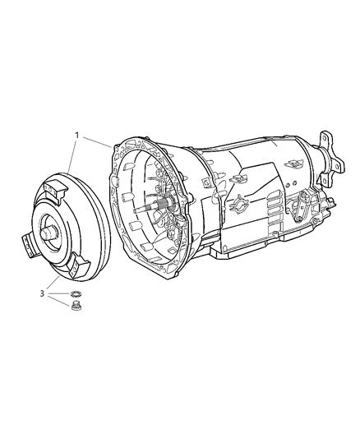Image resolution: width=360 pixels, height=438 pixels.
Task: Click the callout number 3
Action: [41, 293]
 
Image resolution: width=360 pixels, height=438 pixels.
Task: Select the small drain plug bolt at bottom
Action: [76, 308]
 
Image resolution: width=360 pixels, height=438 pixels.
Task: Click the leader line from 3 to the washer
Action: [58, 293]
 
